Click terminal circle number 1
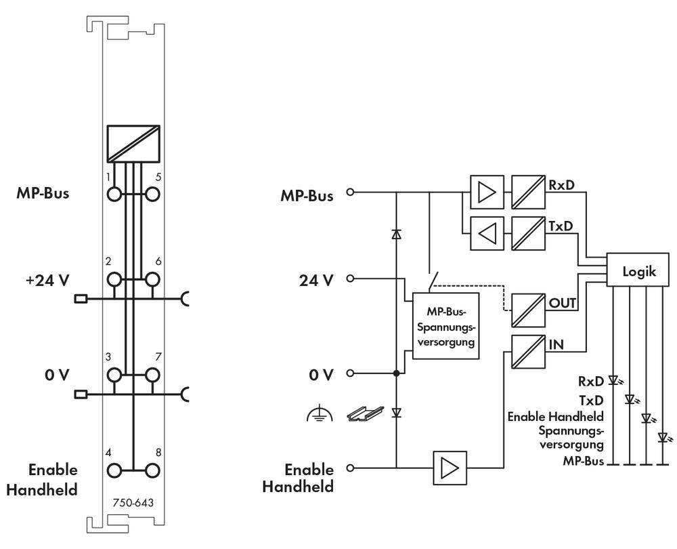114,194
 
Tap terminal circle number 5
154,194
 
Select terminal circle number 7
154,374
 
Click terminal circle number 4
114,468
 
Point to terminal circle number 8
154,468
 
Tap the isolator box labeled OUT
527,304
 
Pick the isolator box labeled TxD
527,233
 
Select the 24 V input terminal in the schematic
350,279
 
